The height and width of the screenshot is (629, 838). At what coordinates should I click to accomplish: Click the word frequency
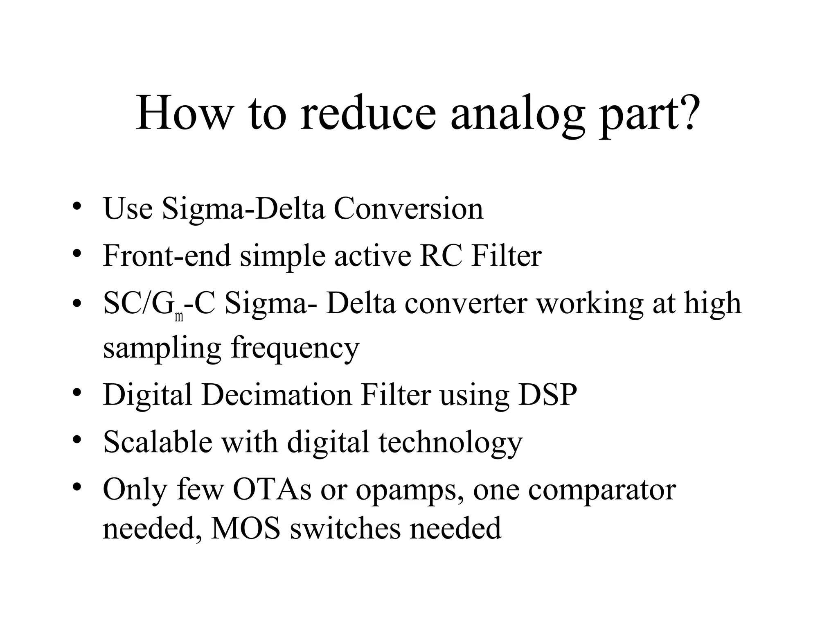click(x=295, y=348)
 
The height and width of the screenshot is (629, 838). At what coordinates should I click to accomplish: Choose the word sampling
click(x=162, y=348)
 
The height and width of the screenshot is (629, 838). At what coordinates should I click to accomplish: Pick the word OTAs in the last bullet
click(x=272, y=489)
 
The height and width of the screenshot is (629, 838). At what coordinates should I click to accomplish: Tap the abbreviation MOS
click(x=245, y=528)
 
